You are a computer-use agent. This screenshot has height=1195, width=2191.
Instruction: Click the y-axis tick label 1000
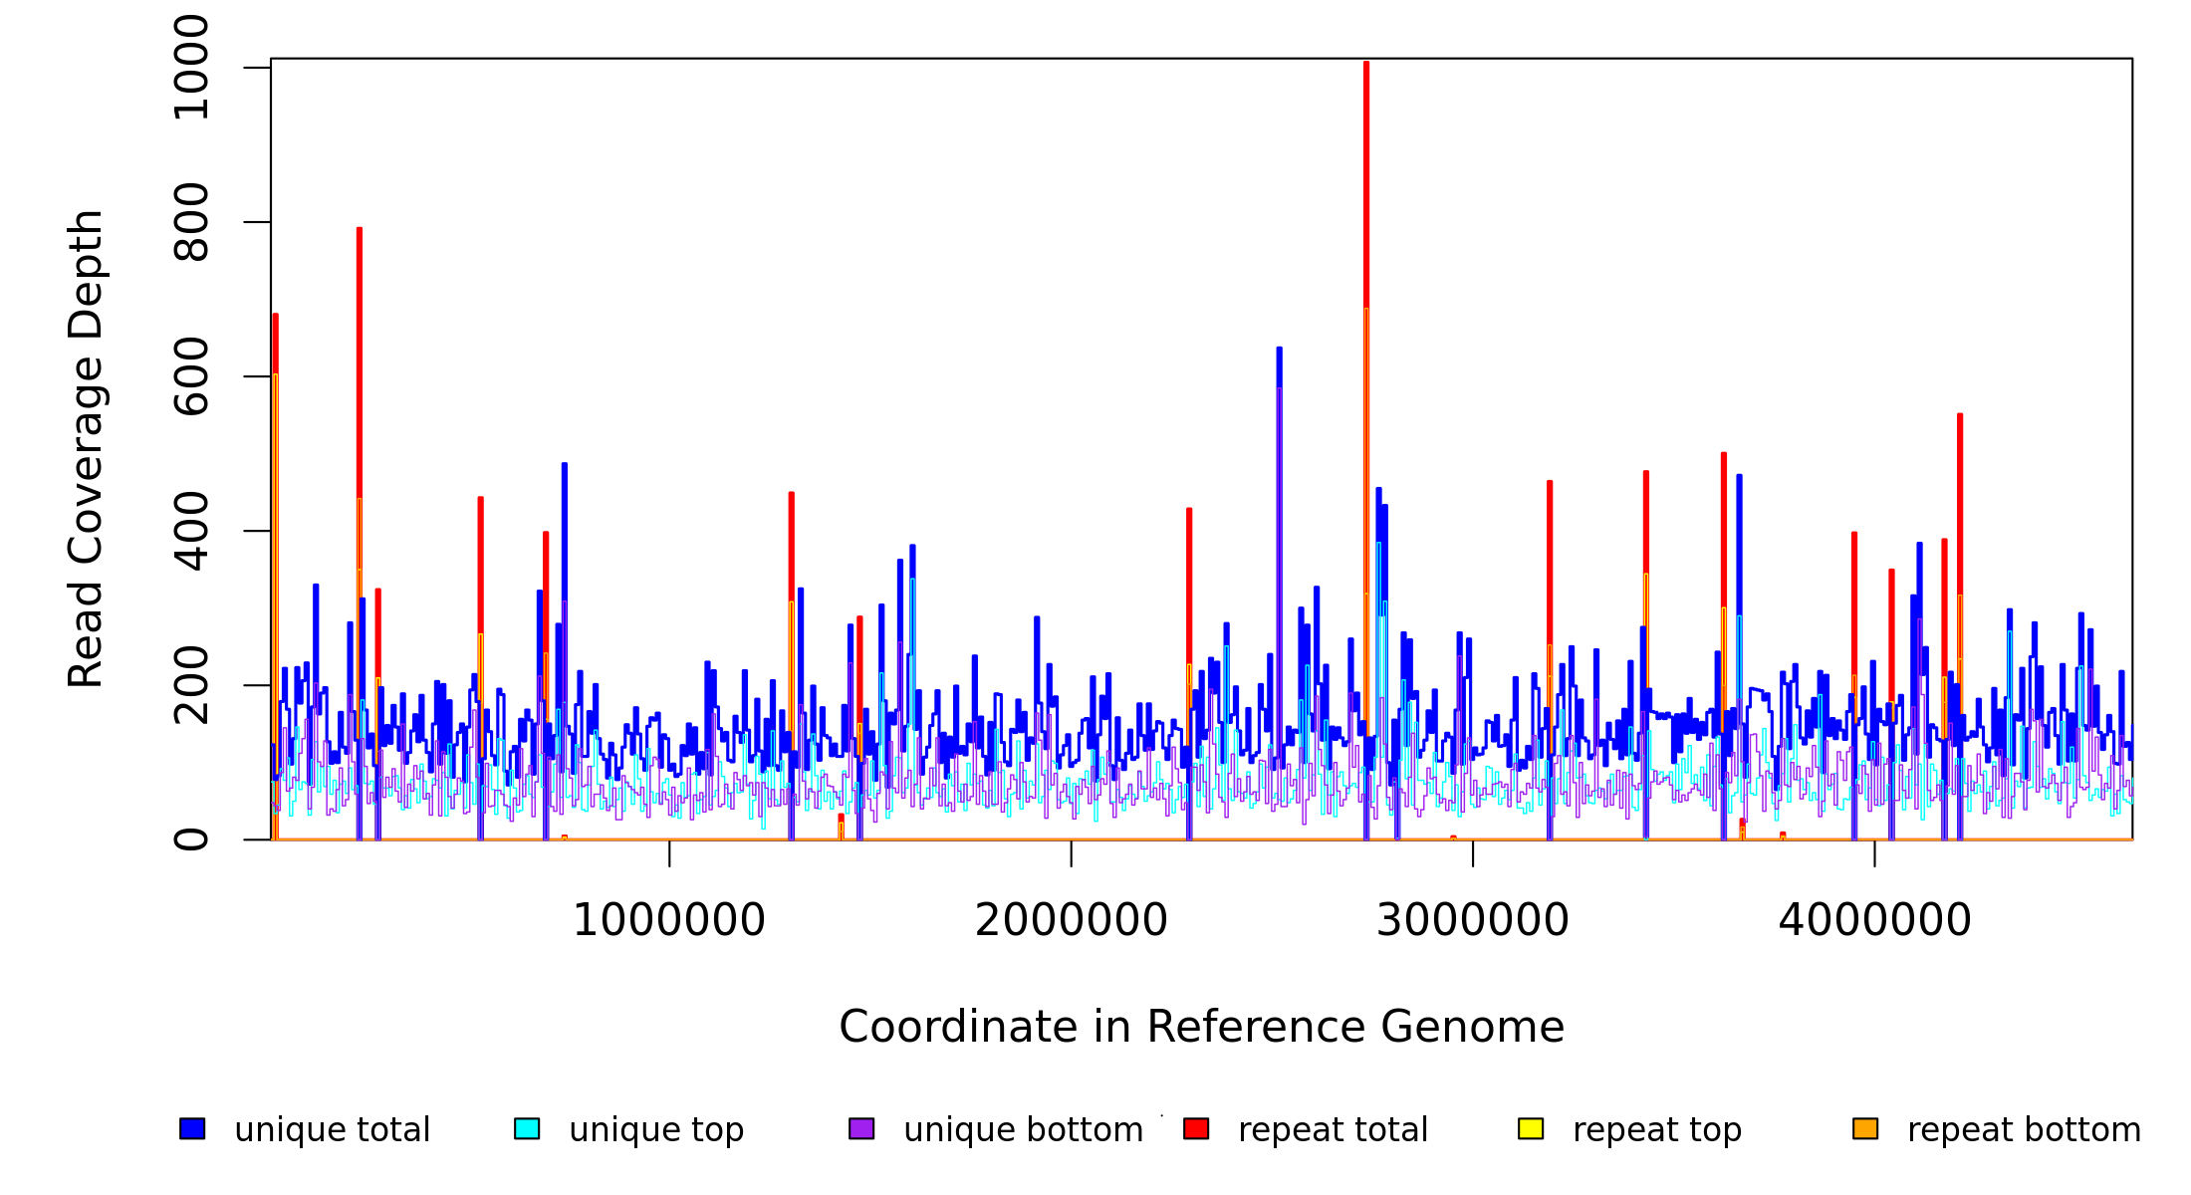click(191, 68)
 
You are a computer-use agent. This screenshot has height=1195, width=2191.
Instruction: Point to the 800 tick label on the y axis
click(191, 222)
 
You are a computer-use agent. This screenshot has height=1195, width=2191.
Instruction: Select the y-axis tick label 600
click(191, 376)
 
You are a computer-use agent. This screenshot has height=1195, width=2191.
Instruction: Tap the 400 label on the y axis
click(191, 531)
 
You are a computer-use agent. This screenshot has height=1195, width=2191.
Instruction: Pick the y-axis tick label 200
click(191, 685)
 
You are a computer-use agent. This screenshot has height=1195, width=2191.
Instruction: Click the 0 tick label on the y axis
click(191, 839)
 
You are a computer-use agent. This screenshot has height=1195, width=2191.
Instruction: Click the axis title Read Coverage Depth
click(87, 448)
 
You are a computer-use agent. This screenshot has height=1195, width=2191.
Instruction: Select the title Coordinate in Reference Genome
click(1201, 1028)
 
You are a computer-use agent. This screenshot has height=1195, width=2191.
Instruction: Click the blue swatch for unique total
click(192, 1128)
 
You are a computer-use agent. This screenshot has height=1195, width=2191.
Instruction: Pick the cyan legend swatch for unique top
click(527, 1128)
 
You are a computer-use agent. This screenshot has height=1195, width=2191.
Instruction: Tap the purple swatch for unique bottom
click(861, 1128)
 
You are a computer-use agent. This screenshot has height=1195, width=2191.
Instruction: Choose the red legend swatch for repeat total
click(1196, 1128)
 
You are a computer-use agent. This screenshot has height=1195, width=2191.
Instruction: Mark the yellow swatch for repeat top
click(1531, 1128)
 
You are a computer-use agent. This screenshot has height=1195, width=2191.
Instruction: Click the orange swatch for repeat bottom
click(1865, 1128)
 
